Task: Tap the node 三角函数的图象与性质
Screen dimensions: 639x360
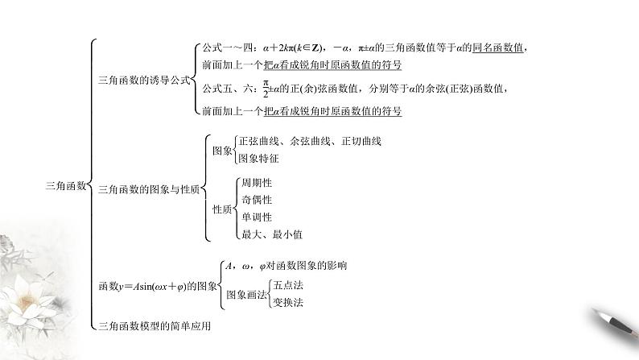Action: pyautogui.click(x=149, y=191)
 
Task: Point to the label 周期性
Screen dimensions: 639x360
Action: pyautogui.click(x=257, y=182)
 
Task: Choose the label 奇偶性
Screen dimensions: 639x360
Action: pyautogui.click(x=257, y=200)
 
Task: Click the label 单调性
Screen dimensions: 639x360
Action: pyautogui.click(x=257, y=217)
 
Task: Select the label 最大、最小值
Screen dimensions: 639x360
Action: pyautogui.click(x=270, y=234)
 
